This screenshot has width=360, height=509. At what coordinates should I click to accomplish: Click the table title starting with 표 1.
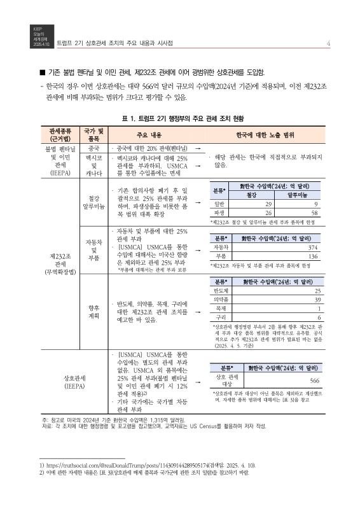pyautogui.click(x=180, y=118)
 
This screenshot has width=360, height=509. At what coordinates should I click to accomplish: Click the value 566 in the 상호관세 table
pyautogui.click(x=314, y=380)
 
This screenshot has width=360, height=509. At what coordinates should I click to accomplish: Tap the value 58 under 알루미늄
pyautogui.click(x=314, y=213)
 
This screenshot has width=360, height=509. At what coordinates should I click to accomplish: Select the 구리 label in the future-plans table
pyautogui.click(x=221, y=316)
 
